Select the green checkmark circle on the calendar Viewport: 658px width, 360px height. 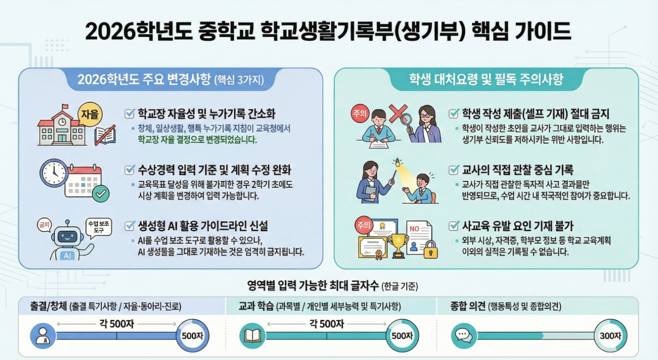tap(101, 195)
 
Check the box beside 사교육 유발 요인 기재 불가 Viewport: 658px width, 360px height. tap(454, 226)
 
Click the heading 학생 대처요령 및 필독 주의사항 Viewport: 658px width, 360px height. tap(486, 79)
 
